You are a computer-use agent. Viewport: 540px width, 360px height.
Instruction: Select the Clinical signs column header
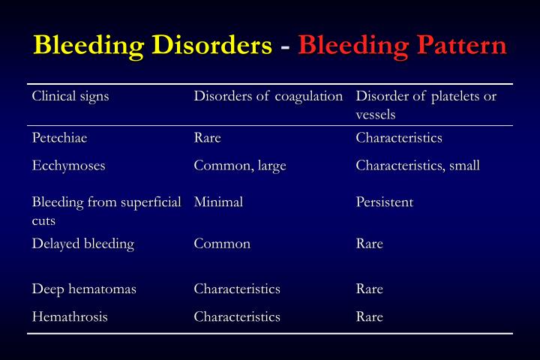[x=70, y=97]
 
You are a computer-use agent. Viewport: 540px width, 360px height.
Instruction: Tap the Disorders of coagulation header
[x=268, y=97]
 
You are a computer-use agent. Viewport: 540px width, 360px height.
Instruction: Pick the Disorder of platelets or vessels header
[x=426, y=105]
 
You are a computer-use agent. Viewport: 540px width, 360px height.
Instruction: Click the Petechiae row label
[x=64, y=138]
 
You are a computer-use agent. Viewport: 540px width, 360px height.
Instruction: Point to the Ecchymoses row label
[x=68, y=166]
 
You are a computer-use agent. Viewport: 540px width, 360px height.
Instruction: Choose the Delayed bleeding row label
[x=82, y=244]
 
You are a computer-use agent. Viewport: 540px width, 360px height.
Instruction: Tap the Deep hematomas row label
[x=84, y=289]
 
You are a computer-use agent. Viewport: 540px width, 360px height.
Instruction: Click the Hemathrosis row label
[x=70, y=316]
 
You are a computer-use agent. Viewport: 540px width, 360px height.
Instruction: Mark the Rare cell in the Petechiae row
[x=208, y=138]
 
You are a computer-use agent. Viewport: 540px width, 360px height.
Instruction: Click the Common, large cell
[x=240, y=166]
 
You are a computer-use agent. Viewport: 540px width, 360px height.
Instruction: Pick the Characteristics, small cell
[x=418, y=166]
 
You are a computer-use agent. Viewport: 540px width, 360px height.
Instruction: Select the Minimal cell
[x=218, y=202]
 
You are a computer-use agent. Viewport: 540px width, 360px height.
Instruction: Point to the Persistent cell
[x=385, y=202]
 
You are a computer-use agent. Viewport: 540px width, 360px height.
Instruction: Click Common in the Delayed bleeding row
[x=222, y=244]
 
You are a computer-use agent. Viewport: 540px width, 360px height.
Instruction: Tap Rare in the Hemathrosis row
[x=370, y=316]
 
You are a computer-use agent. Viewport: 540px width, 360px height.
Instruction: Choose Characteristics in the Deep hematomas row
[x=237, y=289]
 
